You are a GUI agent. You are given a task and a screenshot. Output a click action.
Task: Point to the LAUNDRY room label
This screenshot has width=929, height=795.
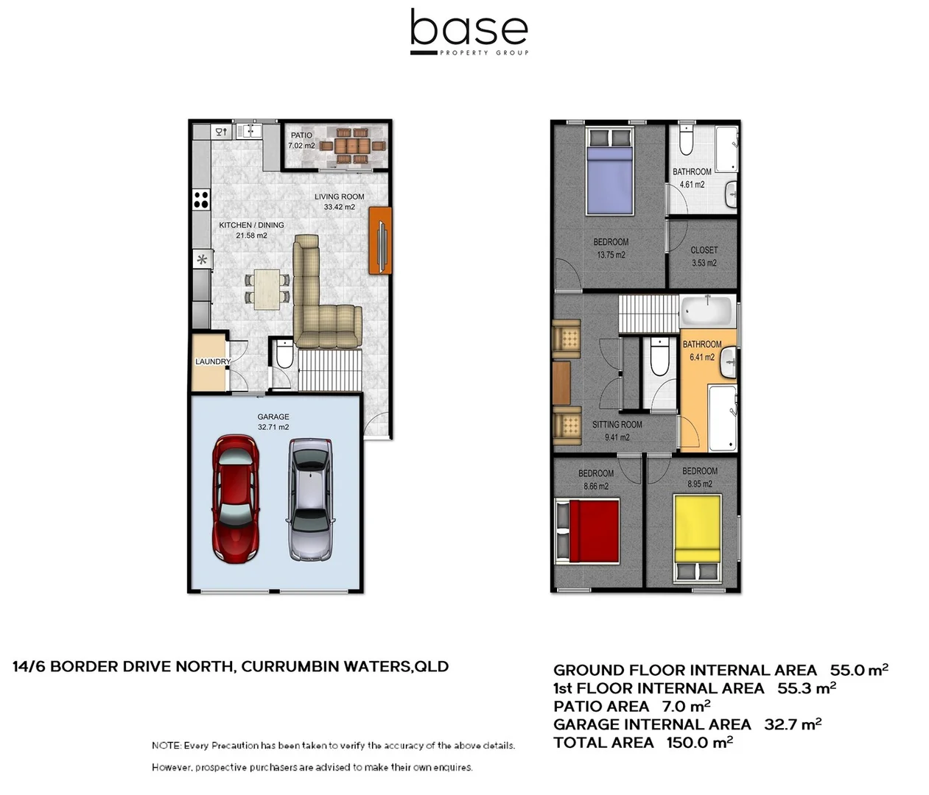pos(212,361)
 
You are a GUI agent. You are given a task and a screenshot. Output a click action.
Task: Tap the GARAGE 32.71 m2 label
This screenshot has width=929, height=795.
pos(273,422)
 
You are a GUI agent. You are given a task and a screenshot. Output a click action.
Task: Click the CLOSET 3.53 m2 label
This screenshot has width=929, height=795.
pos(704,256)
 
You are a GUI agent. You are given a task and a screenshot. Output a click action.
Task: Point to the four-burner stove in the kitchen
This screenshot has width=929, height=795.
pos(201,199)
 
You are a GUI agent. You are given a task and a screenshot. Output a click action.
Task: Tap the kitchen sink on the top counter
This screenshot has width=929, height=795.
pos(248,132)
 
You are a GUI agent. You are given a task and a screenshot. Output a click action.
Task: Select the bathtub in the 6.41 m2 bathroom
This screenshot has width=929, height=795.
pos(706,311)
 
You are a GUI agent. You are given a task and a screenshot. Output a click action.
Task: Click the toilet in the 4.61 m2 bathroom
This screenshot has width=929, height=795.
pos(686,141)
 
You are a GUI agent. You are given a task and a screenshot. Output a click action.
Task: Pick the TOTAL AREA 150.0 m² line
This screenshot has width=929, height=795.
pos(642,742)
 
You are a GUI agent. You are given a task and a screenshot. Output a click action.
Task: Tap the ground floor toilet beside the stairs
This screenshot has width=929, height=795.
pos(284,356)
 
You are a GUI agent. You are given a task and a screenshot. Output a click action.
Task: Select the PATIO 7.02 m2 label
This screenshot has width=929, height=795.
pos(301,140)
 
